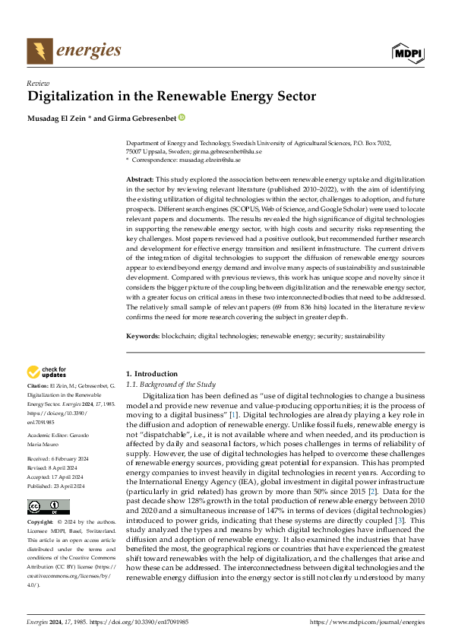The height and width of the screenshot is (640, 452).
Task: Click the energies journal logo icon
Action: point(40,52)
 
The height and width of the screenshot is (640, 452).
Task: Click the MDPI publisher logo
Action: point(408,52)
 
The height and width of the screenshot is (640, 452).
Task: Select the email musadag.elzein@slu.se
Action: point(216,160)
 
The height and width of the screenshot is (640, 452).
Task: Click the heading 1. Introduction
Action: point(151,374)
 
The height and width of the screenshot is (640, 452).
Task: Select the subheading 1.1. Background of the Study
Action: point(170,385)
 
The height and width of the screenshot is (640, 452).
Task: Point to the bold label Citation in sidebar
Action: point(37,386)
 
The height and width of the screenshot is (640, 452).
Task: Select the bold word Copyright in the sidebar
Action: point(40,523)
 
